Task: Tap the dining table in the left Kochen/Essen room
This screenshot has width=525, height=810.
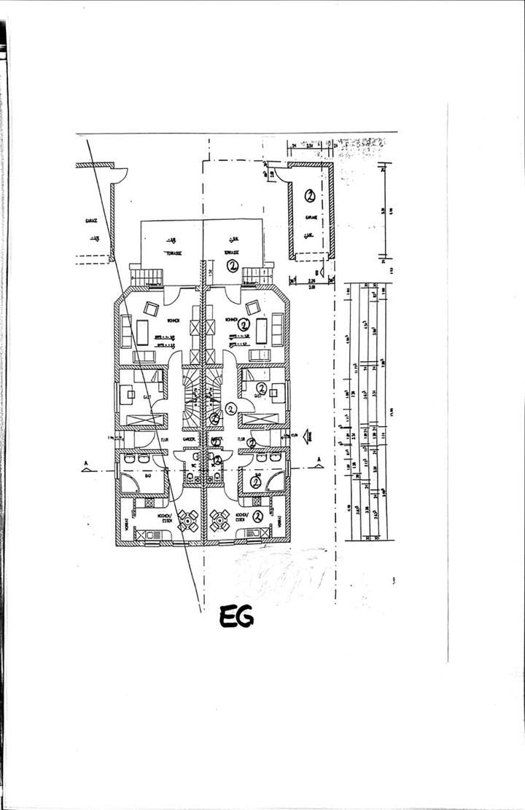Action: (188, 519)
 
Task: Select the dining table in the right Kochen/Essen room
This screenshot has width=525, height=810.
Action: (219, 519)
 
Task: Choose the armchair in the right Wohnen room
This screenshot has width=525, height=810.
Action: (253, 307)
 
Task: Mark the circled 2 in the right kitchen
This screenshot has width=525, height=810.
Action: (257, 516)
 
